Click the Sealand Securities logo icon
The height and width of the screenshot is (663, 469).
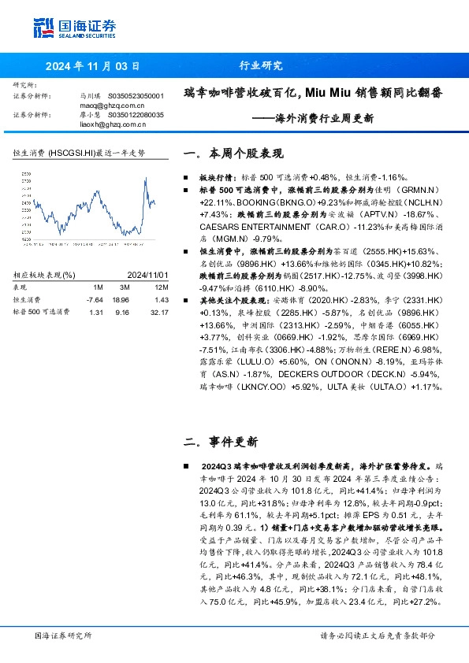[x=44, y=27]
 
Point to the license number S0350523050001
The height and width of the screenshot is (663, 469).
[x=136, y=95]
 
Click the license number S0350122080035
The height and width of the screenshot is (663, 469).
[x=136, y=115]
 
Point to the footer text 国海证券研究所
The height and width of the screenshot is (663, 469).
[x=63, y=635]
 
